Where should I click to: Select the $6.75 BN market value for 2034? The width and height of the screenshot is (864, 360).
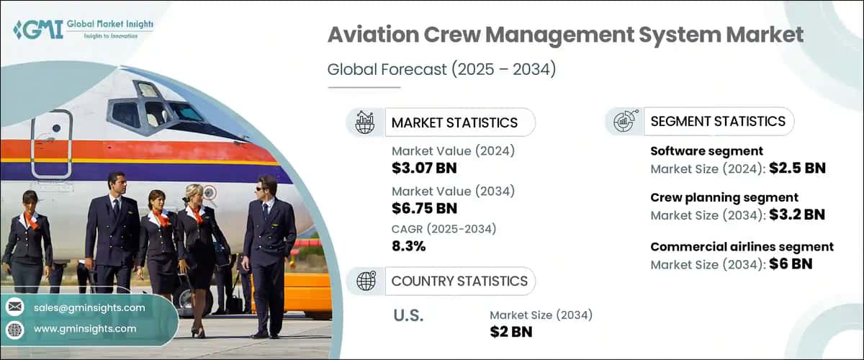tap(424, 209)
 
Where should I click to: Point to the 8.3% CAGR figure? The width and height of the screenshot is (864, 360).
tap(408, 246)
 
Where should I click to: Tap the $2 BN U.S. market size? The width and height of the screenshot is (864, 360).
tap(510, 331)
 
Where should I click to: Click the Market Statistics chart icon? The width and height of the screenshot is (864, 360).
tap(365, 122)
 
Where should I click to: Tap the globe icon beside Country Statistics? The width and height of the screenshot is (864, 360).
tap(366, 281)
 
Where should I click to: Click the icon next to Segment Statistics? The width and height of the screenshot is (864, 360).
tap(624, 121)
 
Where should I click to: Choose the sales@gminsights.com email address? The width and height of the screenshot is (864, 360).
tap(89, 307)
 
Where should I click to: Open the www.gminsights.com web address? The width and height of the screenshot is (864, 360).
tap(85, 329)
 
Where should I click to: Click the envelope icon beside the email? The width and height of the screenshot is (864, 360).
tap(14, 307)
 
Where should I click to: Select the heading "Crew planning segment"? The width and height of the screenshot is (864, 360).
tap(724, 197)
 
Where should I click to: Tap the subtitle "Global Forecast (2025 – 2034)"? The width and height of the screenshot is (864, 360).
tap(442, 70)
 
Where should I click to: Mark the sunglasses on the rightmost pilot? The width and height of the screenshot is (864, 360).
tap(263, 188)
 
